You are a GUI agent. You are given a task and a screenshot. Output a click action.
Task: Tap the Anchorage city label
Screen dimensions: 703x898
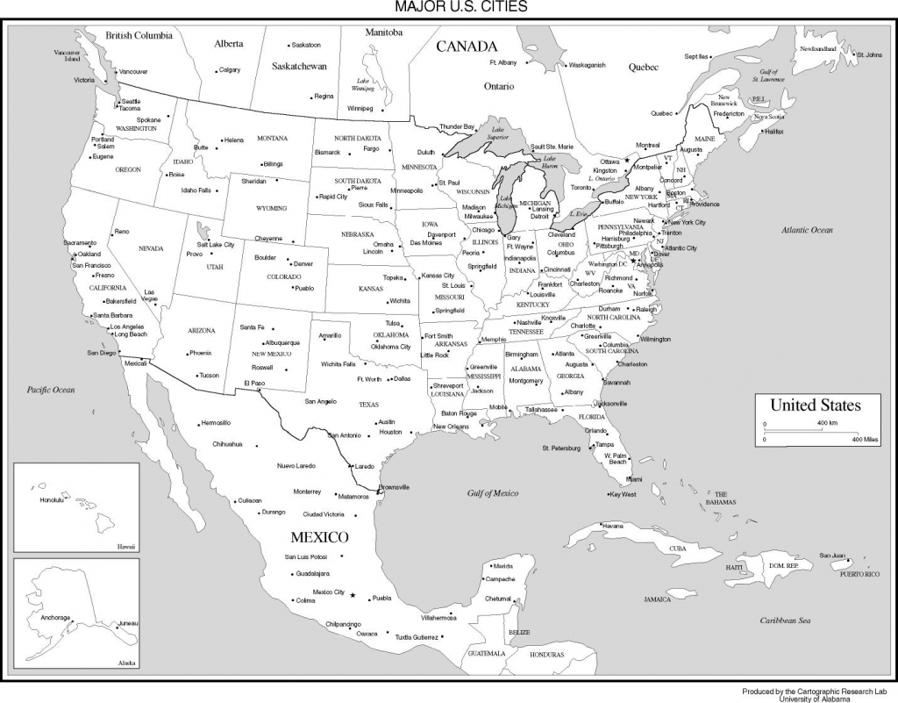(54, 617)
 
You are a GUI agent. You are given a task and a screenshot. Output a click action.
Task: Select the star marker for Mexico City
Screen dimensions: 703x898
(353, 596)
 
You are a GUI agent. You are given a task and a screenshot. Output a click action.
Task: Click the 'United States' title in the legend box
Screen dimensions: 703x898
(815, 405)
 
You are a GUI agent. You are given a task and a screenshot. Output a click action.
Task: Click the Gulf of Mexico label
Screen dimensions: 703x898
(493, 493)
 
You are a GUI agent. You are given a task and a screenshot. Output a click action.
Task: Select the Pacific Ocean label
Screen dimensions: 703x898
(51, 389)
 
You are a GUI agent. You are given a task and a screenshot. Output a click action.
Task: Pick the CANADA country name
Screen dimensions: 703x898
(467, 47)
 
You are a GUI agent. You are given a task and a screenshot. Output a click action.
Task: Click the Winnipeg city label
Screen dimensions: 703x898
(360, 108)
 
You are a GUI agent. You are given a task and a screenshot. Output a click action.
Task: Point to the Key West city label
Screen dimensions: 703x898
(623, 494)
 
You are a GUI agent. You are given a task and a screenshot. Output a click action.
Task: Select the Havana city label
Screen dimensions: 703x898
(613, 525)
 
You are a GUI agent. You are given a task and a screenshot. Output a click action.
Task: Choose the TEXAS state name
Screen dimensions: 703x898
(369, 405)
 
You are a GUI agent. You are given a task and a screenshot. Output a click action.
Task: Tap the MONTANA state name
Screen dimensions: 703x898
(272, 139)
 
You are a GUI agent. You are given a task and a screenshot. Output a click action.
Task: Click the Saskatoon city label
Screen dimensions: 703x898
(306, 44)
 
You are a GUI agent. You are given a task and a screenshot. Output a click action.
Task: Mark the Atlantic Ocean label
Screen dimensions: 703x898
(809, 229)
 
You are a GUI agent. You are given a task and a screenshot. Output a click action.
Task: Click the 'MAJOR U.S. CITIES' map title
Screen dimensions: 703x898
(448, 7)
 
